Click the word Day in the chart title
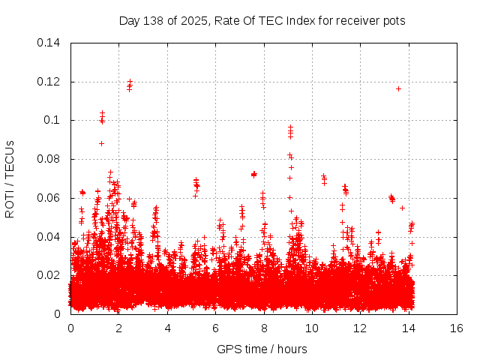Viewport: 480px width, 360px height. click(130, 20)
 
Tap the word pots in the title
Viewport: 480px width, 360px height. click(394, 20)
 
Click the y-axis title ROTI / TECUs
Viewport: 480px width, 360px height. click(10, 178)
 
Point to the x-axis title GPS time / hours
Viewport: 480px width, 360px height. click(262, 349)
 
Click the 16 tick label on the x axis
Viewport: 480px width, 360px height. click(457, 328)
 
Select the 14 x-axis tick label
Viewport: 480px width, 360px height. click(408, 328)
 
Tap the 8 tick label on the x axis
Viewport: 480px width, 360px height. click(264, 328)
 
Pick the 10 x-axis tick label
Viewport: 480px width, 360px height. click(312, 328)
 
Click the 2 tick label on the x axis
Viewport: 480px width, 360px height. click(119, 328)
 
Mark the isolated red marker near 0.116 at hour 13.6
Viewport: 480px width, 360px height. click(398, 88)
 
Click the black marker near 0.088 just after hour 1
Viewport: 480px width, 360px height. click(101, 143)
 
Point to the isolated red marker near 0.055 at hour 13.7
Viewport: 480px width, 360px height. click(402, 208)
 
